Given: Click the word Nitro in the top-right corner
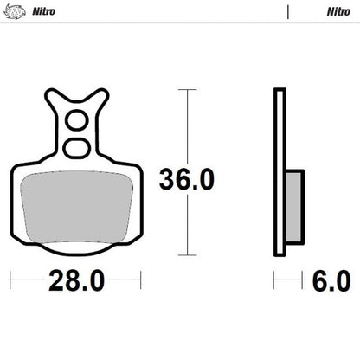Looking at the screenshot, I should pyautogui.click(x=337, y=11).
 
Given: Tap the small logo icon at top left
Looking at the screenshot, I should pyautogui.click(x=12, y=11).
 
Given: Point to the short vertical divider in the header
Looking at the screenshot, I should pyautogui.click(x=286, y=11).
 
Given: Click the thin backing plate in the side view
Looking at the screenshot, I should pyautogui.click(x=279, y=173).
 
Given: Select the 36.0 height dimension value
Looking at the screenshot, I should pyautogui.click(x=186, y=179).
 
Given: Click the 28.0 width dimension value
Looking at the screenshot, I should pyautogui.click(x=75, y=282).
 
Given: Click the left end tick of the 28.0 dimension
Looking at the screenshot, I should pyautogui.click(x=10, y=281).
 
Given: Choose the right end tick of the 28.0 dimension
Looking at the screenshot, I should pyautogui.click(x=140, y=281).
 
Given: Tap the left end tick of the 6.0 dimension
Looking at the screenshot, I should pyautogui.click(x=275, y=281).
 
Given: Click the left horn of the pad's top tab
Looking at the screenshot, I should pyautogui.click(x=49, y=98).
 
